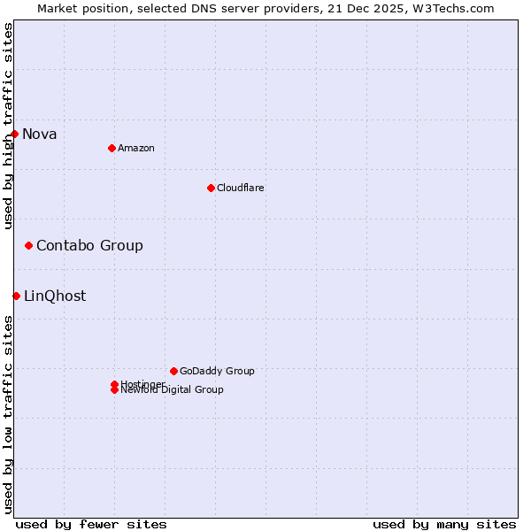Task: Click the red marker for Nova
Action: tap(15, 135)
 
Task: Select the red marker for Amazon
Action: tap(112, 148)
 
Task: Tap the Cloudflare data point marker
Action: tap(211, 188)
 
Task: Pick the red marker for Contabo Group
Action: tap(29, 245)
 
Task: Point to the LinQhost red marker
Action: tap(17, 296)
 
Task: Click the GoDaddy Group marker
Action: tap(173, 371)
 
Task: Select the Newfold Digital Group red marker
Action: tap(114, 390)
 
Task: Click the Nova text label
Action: tap(40, 135)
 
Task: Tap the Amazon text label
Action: tap(136, 148)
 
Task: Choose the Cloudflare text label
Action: tap(241, 188)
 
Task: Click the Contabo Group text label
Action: tap(89, 245)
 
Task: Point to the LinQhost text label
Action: tap(55, 296)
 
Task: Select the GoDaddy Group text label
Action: tap(217, 371)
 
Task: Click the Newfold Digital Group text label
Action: tap(173, 390)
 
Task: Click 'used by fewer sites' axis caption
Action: tap(91, 524)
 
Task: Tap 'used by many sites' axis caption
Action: tap(444, 524)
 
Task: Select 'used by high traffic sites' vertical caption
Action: tap(8, 126)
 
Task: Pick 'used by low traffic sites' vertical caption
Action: tap(8, 414)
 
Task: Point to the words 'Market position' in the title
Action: tap(80, 8)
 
